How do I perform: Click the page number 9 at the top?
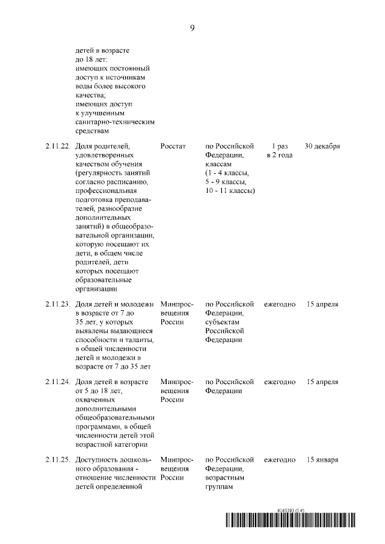(192, 28)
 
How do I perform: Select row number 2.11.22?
(57, 146)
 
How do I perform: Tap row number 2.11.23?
(57, 304)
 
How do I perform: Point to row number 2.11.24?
(57, 382)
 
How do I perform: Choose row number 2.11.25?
(57, 460)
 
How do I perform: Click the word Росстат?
(173, 146)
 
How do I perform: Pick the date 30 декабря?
(322, 146)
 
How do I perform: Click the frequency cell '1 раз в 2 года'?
(280, 150)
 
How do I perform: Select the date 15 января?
(322, 460)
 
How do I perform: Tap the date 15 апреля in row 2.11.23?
(322, 304)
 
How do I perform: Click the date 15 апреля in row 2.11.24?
(322, 382)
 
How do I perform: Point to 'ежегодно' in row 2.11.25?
(280, 460)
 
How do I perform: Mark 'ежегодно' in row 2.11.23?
(280, 304)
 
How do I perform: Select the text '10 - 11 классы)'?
(230, 191)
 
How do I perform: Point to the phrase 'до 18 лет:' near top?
(92, 60)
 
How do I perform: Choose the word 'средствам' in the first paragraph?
(93, 130)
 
